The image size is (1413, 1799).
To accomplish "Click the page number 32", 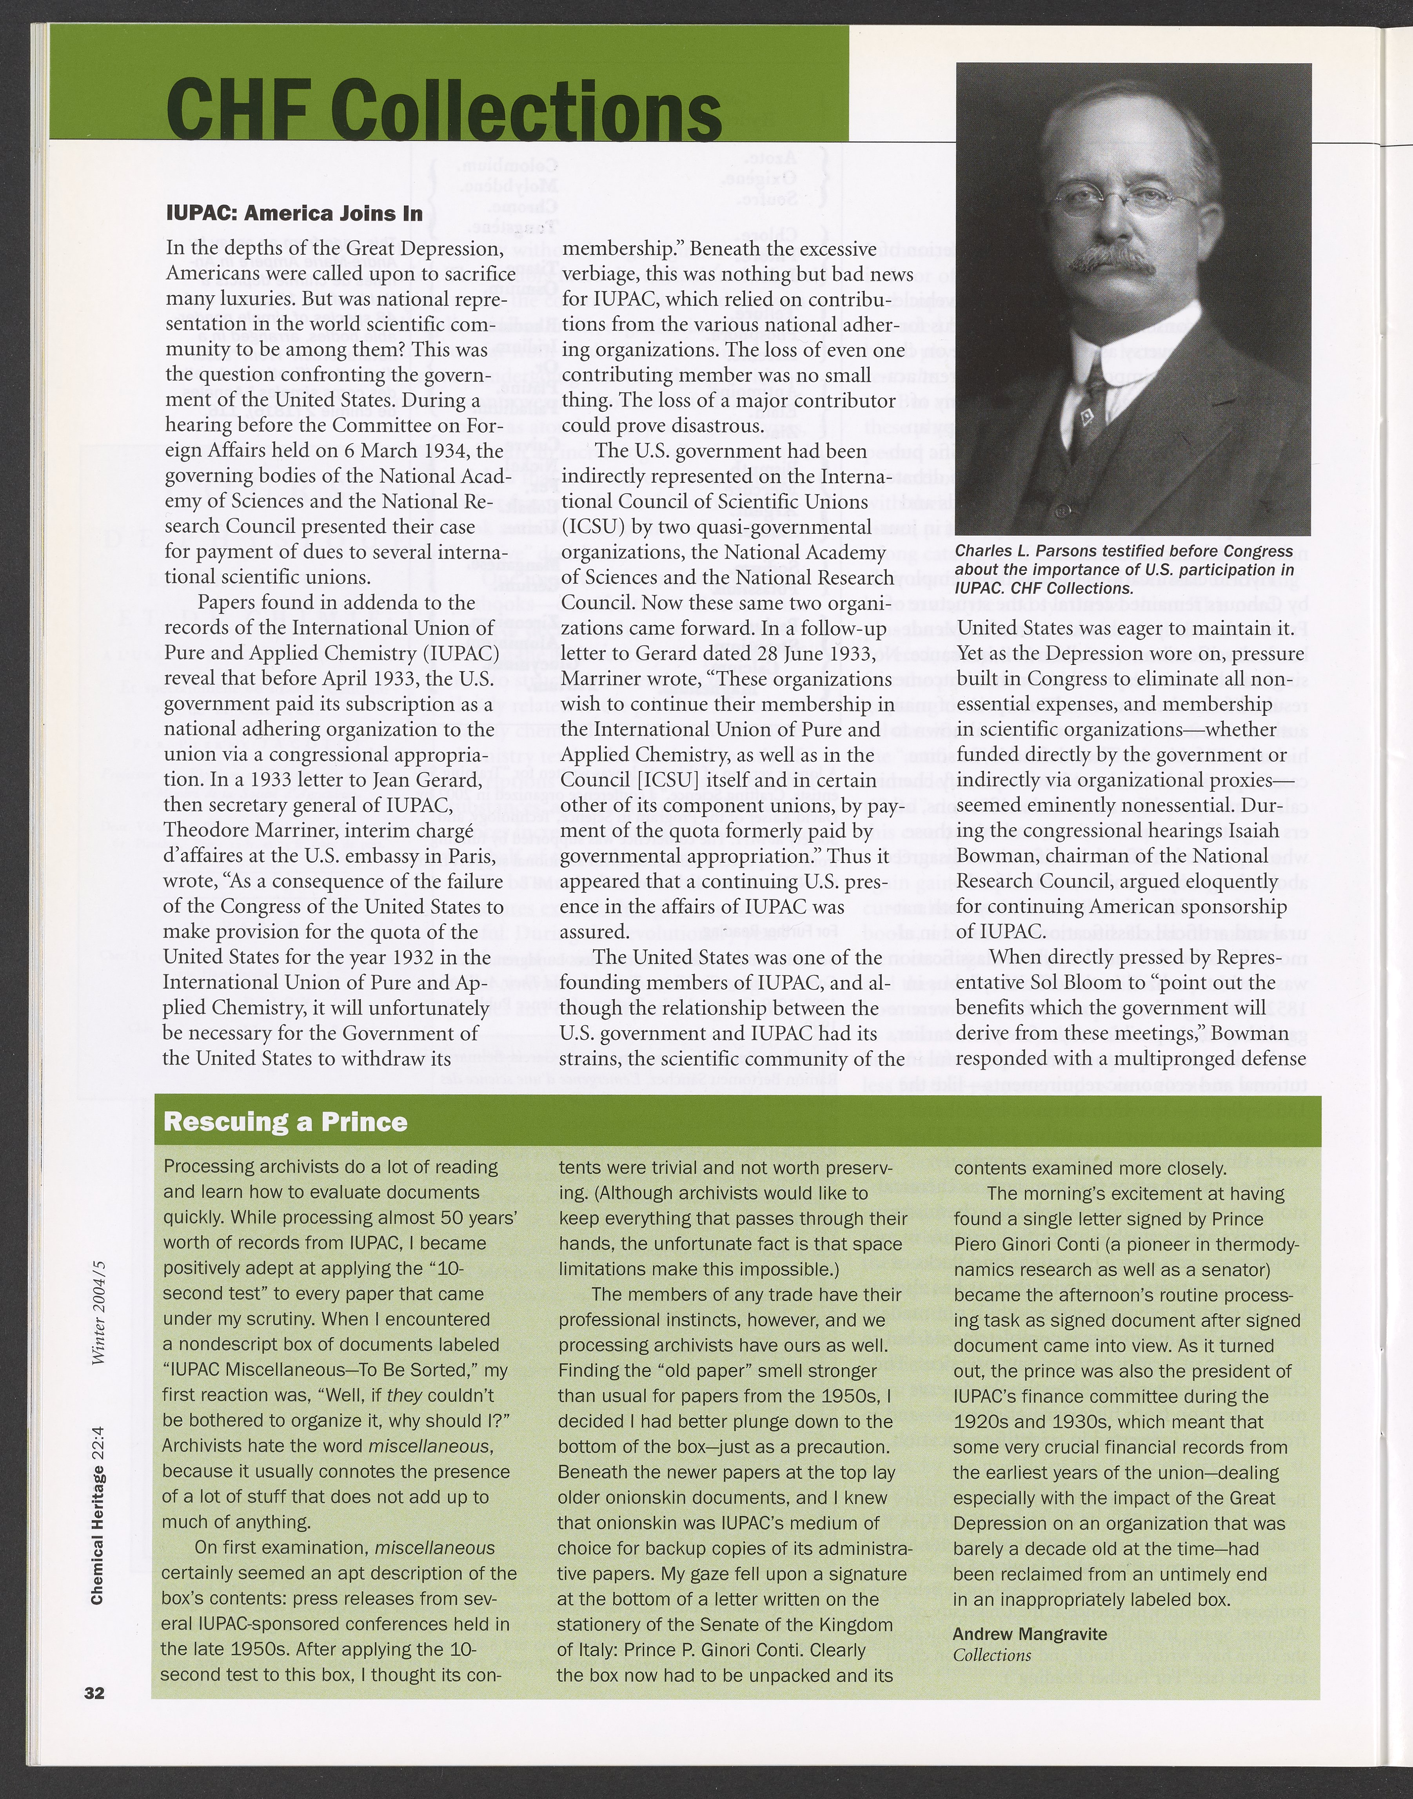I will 94,1692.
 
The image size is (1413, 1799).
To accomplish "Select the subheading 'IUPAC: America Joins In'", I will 294,212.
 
